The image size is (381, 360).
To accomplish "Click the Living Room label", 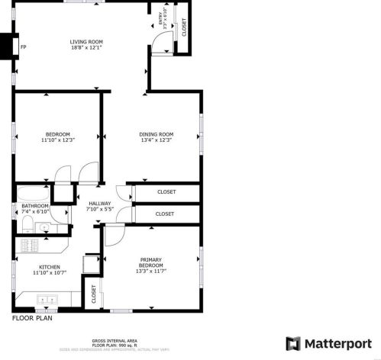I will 86,42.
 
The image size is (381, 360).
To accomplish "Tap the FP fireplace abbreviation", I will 23,47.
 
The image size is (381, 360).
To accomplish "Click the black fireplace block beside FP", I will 8,47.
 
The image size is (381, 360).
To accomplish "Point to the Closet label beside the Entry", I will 183,27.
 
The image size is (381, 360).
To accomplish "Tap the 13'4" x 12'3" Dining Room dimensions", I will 156,140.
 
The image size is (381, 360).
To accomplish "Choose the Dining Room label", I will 156,134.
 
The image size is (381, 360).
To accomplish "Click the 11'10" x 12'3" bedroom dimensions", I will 57,140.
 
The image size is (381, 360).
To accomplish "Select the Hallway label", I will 100,203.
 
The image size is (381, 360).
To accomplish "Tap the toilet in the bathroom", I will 27,223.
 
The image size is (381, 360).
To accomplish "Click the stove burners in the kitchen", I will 30,246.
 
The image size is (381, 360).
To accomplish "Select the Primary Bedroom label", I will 150,262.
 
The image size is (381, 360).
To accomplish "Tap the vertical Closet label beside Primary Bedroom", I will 94,294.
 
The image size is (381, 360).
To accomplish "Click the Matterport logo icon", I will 293,342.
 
